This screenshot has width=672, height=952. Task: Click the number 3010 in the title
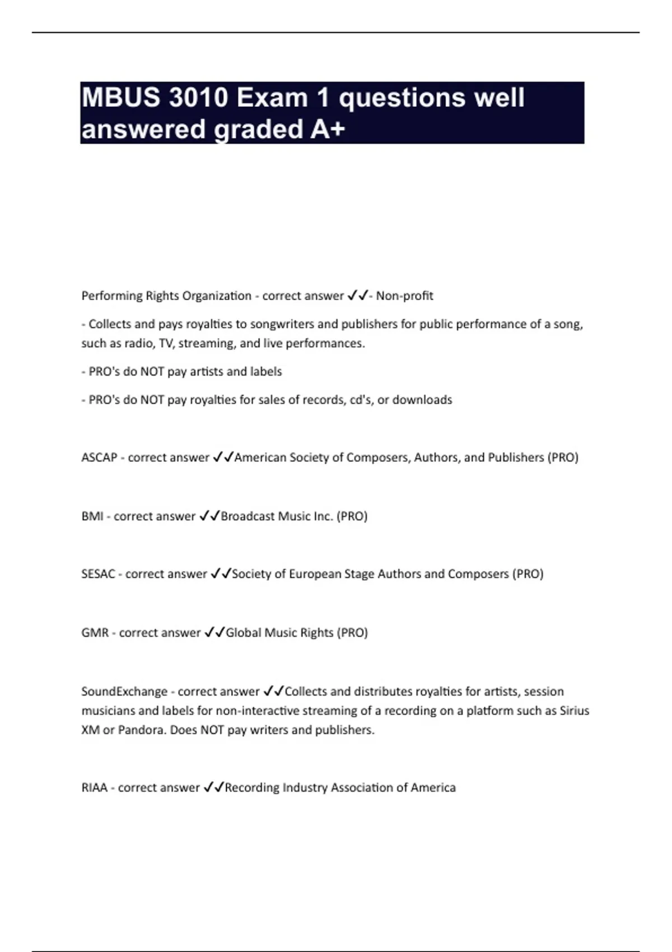(x=198, y=98)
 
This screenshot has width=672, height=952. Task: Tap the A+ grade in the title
(x=327, y=129)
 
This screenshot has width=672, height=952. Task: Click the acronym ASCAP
(x=99, y=458)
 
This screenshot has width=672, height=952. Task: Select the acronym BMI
(x=92, y=516)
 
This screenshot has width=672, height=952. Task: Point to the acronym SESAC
(x=98, y=574)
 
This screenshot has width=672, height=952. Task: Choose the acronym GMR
(x=95, y=633)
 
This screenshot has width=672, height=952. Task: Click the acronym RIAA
(x=94, y=788)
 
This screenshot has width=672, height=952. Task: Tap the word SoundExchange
(x=124, y=692)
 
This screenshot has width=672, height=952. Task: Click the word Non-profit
(x=404, y=296)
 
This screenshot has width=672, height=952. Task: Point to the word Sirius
(x=575, y=711)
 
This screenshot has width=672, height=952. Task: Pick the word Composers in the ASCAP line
(x=378, y=458)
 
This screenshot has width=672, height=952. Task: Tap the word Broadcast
(x=248, y=516)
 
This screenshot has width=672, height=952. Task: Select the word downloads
(x=422, y=400)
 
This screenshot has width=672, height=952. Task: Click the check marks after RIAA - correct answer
(x=213, y=787)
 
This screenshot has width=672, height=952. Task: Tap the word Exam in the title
(x=272, y=98)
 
